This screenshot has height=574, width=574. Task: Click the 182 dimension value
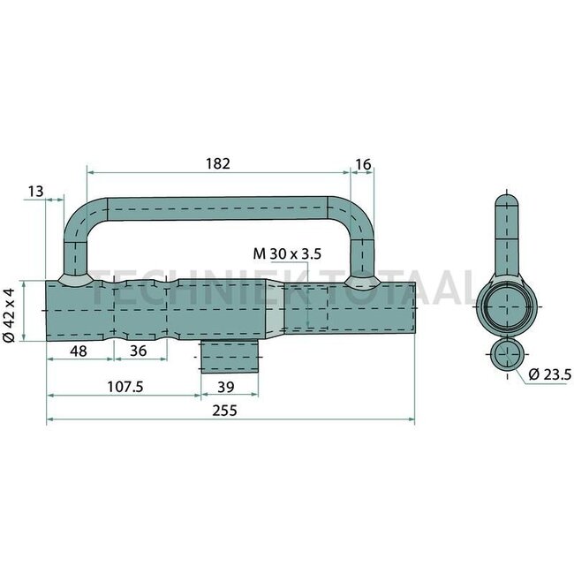(x=218, y=163)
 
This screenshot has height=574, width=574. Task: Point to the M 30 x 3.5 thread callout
(x=287, y=254)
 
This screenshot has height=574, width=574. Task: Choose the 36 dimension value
(x=139, y=351)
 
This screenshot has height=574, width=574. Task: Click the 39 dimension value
(x=225, y=385)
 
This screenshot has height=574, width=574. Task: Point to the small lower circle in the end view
(x=505, y=356)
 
